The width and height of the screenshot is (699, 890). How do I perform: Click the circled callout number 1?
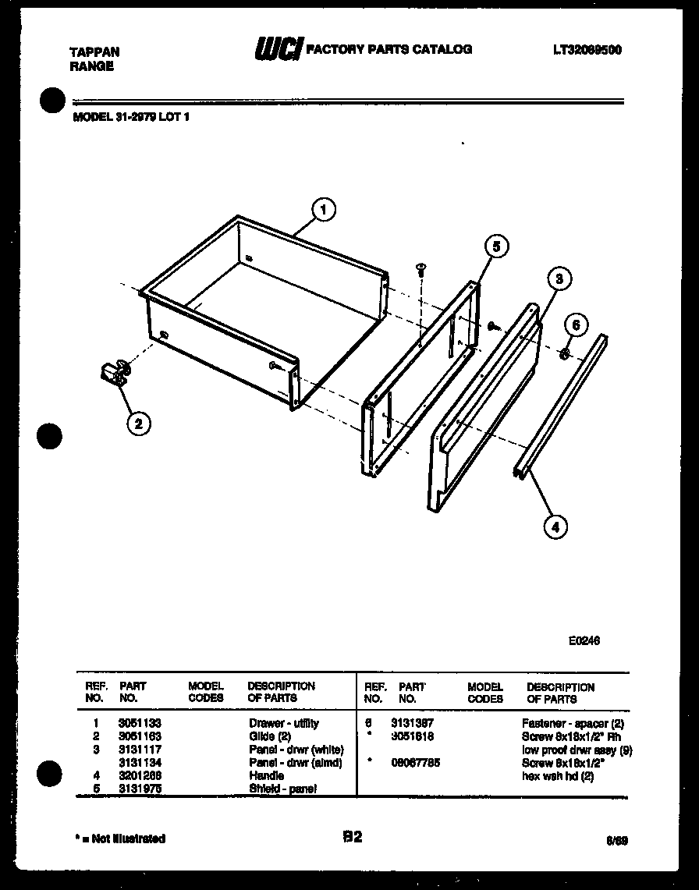click(324, 209)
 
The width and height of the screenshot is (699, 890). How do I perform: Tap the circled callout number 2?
click(138, 424)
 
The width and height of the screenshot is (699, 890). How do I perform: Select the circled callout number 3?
click(559, 278)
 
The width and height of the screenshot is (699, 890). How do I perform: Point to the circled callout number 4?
click(555, 527)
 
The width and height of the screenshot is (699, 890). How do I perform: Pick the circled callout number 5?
click(495, 246)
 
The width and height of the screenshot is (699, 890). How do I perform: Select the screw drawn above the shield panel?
click(421, 270)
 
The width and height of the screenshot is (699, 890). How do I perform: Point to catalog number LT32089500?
click(587, 50)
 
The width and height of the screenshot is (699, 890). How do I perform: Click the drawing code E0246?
click(584, 640)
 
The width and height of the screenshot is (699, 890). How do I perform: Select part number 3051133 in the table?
click(140, 723)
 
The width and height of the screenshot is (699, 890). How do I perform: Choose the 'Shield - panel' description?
click(282, 789)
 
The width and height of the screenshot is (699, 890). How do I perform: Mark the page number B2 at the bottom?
click(352, 837)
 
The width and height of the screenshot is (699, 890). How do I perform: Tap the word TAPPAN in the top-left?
click(94, 52)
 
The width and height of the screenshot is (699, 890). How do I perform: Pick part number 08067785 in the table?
click(415, 762)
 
